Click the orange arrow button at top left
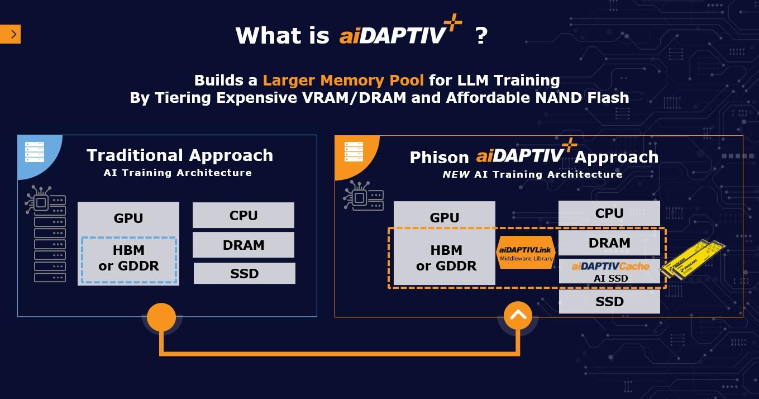coord(10,35)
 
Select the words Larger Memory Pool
coord(343,80)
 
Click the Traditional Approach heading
coord(180,155)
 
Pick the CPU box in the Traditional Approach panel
coord(244,215)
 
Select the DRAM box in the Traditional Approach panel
coord(244,245)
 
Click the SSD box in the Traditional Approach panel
coord(244,273)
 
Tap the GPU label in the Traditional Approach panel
coord(128,218)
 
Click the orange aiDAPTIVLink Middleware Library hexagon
coord(526,252)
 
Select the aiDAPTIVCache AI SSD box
coord(610,272)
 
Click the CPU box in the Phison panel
coord(609,213)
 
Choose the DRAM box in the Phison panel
coord(609,243)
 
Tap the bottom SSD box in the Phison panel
coord(609,302)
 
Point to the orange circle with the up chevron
coord(518,316)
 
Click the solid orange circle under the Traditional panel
coord(161,317)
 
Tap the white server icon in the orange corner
coord(354,151)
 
